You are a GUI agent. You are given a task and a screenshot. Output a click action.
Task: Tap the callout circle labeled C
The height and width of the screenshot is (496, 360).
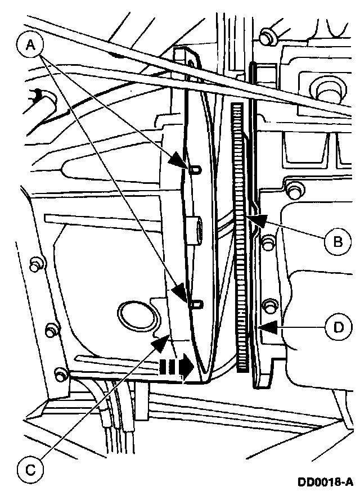(31, 467)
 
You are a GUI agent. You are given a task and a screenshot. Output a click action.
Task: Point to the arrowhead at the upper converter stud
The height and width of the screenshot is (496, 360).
(180, 162)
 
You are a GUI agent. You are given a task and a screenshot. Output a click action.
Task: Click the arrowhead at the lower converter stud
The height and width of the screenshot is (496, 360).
(181, 294)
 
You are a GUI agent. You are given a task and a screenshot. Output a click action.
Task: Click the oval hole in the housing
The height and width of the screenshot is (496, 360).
(133, 314)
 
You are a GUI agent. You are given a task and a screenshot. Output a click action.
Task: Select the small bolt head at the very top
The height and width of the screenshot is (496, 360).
(267, 34)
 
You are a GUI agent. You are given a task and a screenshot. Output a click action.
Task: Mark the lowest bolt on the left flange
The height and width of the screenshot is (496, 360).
(60, 372)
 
